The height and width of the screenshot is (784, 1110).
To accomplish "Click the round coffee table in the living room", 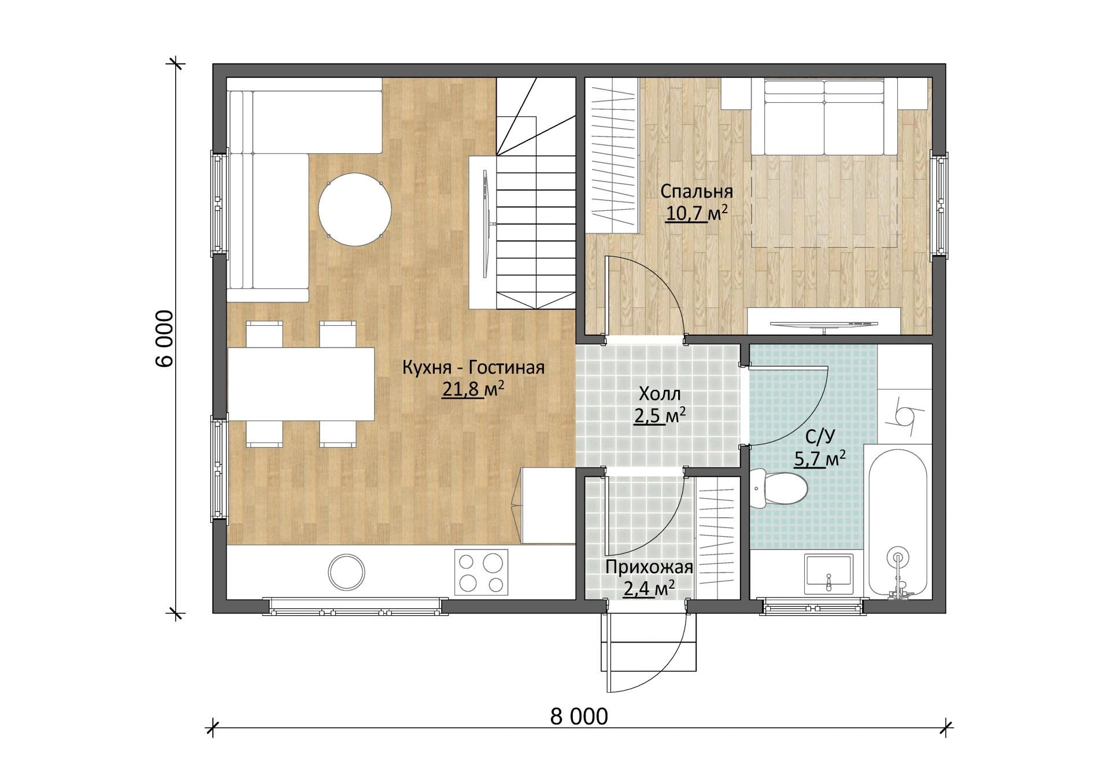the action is pos(355,210).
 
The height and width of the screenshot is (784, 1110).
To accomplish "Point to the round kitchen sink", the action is pos(346,572).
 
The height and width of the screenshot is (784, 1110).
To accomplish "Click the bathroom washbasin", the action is pos(828,574).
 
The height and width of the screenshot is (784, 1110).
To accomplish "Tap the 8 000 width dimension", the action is pos(579,716).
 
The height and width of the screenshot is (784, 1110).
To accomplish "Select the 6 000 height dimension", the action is pos(164,339).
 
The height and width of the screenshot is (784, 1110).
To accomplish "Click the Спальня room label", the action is pos(697,191).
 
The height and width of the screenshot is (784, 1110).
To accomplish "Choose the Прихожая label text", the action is pos(649,567).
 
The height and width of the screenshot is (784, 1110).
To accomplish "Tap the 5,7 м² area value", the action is pos(820,459).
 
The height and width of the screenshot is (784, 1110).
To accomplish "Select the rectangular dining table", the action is pos(301,384).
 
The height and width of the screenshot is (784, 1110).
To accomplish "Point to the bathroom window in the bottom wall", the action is pos(812,607).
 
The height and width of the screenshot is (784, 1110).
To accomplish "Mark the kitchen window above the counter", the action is pos(355,607).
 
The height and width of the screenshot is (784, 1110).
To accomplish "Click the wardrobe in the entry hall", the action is pos(717,538).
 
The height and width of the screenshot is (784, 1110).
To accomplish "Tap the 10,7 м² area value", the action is pos(696,213).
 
